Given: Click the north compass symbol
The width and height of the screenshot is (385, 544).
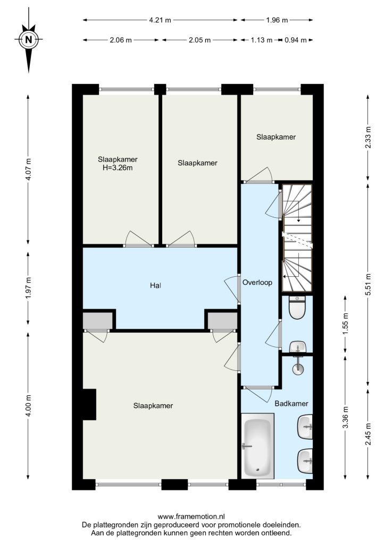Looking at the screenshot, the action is pyautogui.click(x=29, y=39).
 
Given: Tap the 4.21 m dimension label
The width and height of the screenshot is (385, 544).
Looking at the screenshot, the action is pyautogui.click(x=160, y=20).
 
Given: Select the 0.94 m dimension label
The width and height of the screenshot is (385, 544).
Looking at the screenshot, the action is pyautogui.click(x=296, y=40).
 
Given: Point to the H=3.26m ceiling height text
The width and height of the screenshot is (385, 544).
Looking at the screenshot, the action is pyautogui.click(x=118, y=168).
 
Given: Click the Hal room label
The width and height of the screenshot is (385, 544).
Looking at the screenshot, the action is pyautogui.click(x=155, y=285).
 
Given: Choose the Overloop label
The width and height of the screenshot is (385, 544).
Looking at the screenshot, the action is pyautogui.click(x=257, y=283).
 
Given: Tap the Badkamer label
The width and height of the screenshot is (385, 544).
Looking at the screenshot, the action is pyautogui.click(x=291, y=404).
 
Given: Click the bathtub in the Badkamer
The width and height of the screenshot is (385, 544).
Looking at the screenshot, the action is pyautogui.click(x=257, y=446).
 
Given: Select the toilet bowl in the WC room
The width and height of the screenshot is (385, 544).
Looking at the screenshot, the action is pyautogui.click(x=297, y=308).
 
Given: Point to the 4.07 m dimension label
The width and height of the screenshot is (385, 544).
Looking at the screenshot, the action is pyautogui.click(x=29, y=169).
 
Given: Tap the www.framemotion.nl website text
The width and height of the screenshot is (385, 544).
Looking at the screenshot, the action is pyautogui.click(x=191, y=516).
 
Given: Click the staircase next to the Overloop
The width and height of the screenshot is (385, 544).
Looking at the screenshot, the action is pyautogui.click(x=297, y=237).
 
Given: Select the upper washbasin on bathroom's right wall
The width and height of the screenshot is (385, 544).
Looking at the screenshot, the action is pyautogui.click(x=305, y=427).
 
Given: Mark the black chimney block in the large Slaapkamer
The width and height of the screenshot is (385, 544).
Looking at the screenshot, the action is pyautogui.click(x=89, y=404).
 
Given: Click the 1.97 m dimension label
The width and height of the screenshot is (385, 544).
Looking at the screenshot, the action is pyautogui.click(x=29, y=287).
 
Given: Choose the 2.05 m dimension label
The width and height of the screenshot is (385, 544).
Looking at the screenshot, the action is pyautogui.click(x=199, y=40).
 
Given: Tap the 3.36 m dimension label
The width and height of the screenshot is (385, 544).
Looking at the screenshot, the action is pyautogui.click(x=345, y=417).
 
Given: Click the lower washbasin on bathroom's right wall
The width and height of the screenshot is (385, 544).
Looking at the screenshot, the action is pyautogui.click(x=305, y=461).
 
